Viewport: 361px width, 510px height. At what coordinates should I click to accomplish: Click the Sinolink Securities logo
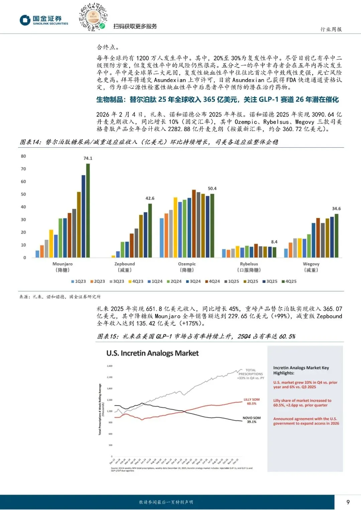click(x=44, y=20)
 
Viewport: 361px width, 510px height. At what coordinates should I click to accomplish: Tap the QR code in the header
click(x=93, y=17)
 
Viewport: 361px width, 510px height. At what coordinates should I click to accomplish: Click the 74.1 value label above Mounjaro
click(x=88, y=158)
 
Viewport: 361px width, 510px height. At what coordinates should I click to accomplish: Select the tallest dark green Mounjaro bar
click(x=88, y=210)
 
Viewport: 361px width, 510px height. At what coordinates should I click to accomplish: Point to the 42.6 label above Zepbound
click(x=150, y=198)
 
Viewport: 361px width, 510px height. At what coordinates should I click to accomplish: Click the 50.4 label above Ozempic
click(x=212, y=188)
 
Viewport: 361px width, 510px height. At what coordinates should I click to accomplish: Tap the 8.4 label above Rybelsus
click(x=274, y=242)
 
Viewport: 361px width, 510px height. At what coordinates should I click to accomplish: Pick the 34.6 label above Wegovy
click(x=336, y=208)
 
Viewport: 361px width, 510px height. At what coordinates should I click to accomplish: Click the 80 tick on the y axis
click(x=23, y=156)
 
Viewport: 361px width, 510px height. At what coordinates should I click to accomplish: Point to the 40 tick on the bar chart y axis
click(x=23, y=207)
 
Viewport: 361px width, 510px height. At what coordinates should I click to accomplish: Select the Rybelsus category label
click(x=249, y=264)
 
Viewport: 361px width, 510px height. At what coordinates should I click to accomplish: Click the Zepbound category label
click(x=125, y=264)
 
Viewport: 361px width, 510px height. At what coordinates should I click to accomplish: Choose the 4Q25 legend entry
click(x=289, y=282)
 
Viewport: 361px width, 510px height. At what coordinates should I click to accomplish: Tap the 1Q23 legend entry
click(x=79, y=282)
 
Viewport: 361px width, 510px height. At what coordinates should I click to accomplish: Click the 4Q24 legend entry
click(x=213, y=282)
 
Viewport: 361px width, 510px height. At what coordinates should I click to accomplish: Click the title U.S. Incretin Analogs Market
click(x=152, y=353)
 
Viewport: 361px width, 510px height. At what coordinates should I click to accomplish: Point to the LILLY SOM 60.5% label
click(x=251, y=401)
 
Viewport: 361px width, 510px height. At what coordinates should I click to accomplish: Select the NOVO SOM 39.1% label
click(x=251, y=420)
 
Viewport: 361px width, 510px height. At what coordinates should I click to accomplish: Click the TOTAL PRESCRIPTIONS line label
click(x=251, y=372)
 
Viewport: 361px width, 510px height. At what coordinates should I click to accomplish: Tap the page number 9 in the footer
click(x=348, y=502)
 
